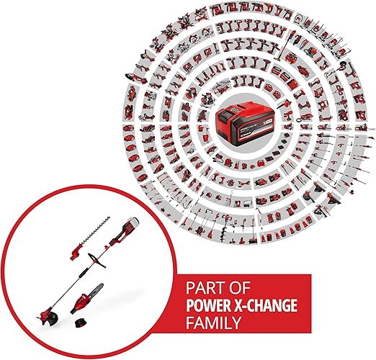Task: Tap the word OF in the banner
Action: coord(239,288)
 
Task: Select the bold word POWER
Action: coord(208,305)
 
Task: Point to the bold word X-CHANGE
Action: coord(265,305)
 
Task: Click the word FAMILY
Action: coord(213,323)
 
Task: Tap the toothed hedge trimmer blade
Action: coord(95,230)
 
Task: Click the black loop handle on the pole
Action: coord(97,260)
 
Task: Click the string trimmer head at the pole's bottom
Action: coord(49,317)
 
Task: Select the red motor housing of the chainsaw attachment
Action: coord(80,304)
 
